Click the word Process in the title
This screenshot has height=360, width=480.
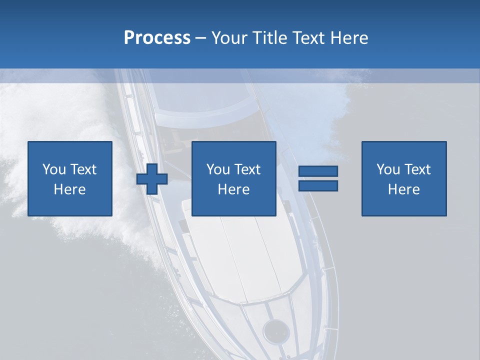coord(157,38)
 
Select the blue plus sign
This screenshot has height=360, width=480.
coord(152,178)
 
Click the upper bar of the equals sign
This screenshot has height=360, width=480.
coord(318,171)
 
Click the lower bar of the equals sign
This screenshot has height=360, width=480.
coord(318,185)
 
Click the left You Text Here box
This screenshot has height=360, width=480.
coord(70,178)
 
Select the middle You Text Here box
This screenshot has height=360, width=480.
coord(234,178)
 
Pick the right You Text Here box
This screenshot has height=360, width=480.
coord(404,178)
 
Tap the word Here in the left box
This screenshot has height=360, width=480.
coord(70,189)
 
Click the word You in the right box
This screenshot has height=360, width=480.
coord(388,169)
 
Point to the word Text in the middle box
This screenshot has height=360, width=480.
coord(247,169)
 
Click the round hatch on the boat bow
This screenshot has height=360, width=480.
coord(276,330)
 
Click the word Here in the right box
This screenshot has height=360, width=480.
coord(404,189)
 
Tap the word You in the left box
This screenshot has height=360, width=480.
coord(54,169)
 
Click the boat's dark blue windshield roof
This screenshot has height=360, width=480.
coord(200,95)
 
